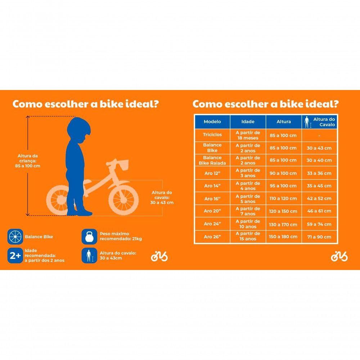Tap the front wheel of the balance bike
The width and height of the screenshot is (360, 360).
pos(123,199)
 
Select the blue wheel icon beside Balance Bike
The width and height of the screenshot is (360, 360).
pos(15,237)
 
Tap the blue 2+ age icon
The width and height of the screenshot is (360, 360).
pos(15,256)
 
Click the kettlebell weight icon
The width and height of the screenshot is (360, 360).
pos(89,237)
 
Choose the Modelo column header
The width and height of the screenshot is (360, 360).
pos(212,122)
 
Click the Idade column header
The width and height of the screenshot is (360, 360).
pos(248,122)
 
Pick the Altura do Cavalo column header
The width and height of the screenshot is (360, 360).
pos(320,122)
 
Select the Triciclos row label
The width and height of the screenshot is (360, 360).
pos(212,135)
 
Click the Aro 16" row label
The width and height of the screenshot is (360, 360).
pos(212,199)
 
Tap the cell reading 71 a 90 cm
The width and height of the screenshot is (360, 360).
pos(319,237)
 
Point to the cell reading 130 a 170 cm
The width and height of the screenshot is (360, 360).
pos(284,224)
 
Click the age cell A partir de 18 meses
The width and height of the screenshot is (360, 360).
pos(248,135)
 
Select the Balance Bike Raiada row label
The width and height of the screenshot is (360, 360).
pos(212,160)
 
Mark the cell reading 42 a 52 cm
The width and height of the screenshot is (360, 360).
pos(319,199)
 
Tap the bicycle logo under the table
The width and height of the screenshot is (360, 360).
pos(339,256)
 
